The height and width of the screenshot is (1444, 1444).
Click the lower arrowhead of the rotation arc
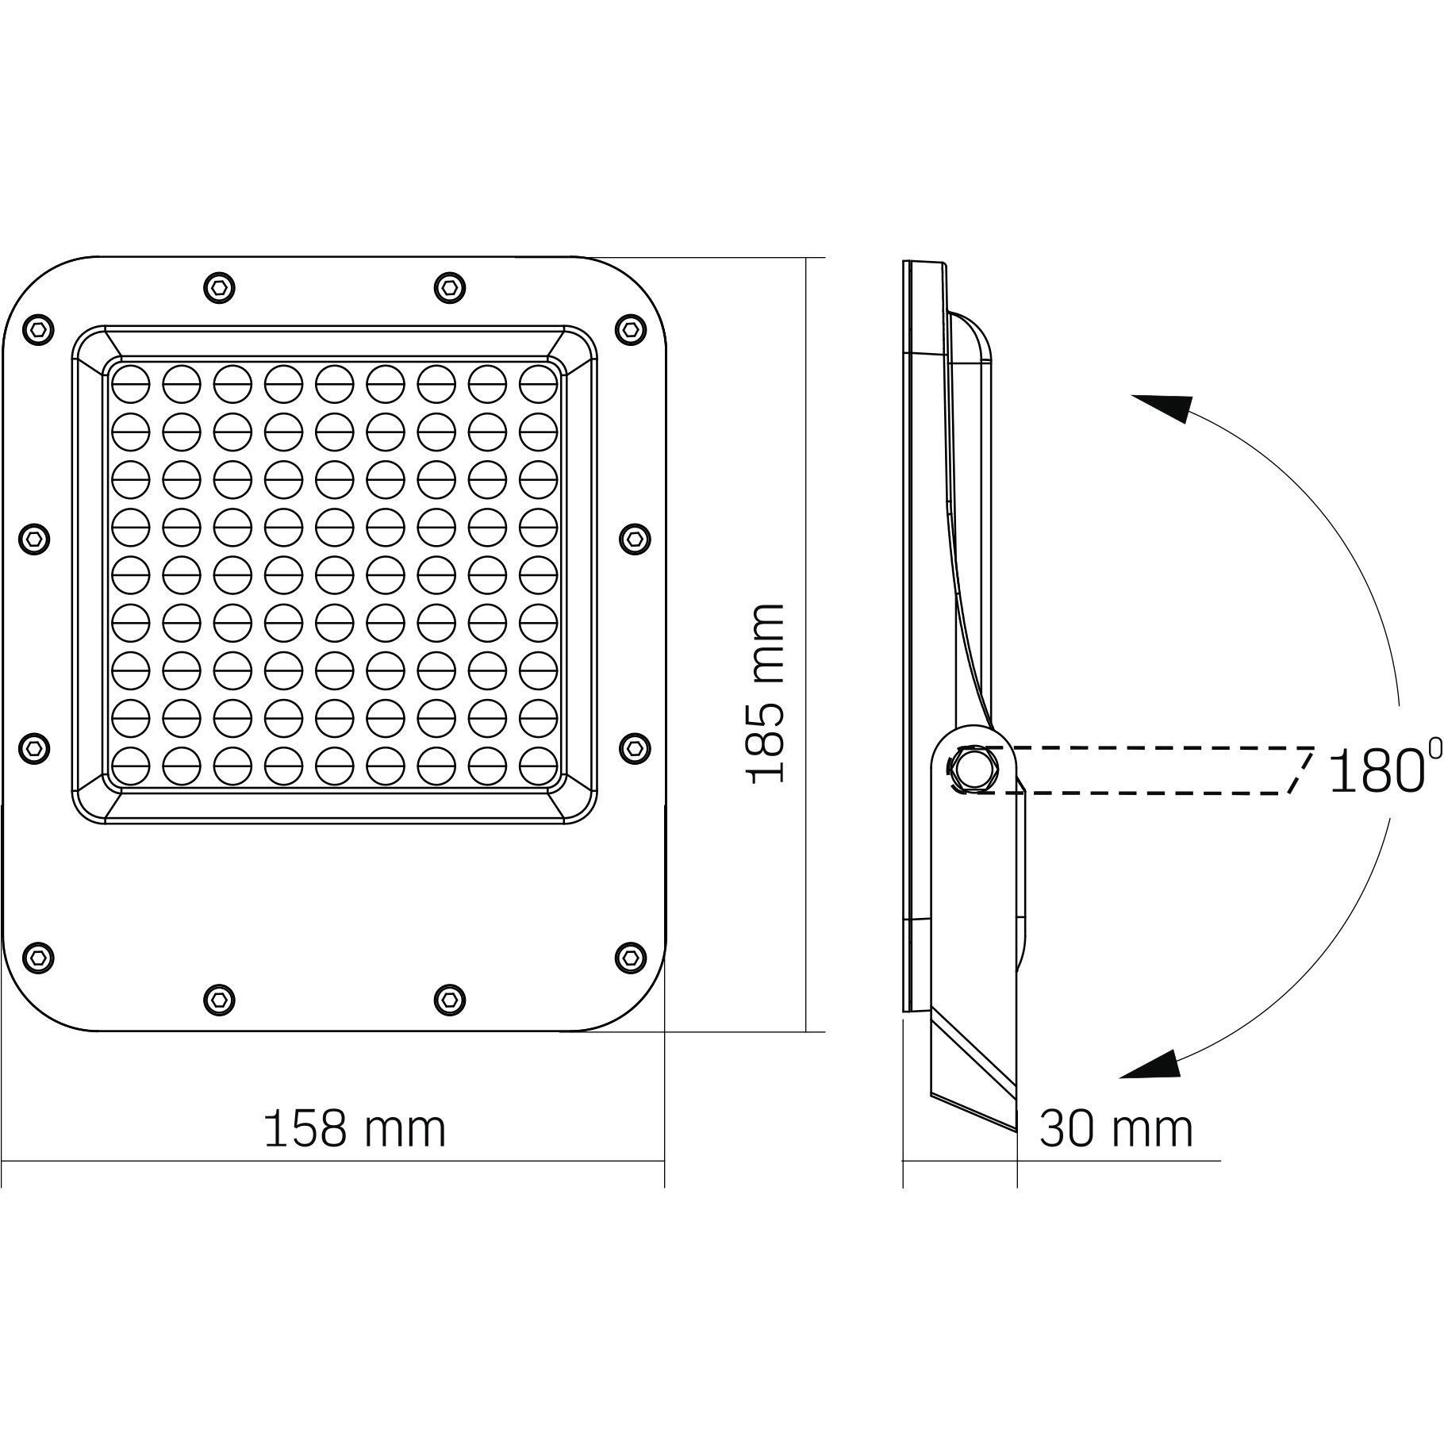click(1151, 1064)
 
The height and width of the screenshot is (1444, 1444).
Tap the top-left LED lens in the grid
click(131, 385)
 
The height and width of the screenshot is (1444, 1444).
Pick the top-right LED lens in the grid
click(539, 385)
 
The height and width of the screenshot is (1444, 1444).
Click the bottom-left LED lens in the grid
click(131, 768)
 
